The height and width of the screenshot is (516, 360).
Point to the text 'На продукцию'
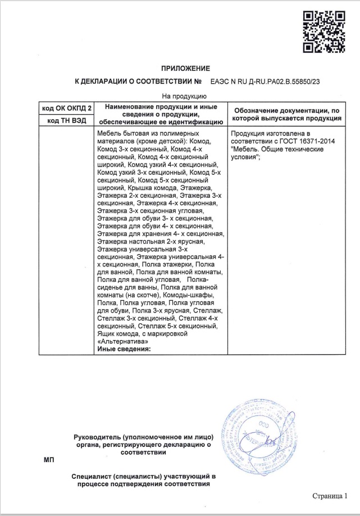click(x=181, y=96)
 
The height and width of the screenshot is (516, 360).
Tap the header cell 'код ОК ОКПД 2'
click(x=67, y=107)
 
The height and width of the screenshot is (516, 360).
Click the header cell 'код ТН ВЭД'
click(x=67, y=120)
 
